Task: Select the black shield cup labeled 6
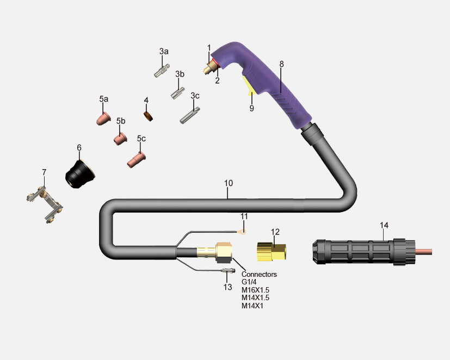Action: pyautogui.click(x=80, y=174)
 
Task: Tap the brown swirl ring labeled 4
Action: pyautogui.click(x=149, y=116)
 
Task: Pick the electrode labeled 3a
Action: pyautogui.click(x=162, y=71)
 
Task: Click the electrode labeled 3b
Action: pyautogui.click(x=178, y=93)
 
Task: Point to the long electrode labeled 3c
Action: pyautogui.click(x=190, y=115)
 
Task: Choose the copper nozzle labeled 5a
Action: pyautogui.click(x=103, y=119)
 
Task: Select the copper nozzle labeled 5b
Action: pyautogui.click(x=121, y=139)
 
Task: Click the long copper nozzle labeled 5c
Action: pyautogui.click(x=137, y=159)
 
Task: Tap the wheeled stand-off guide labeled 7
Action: pyautogui.click(x=46, y=204)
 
